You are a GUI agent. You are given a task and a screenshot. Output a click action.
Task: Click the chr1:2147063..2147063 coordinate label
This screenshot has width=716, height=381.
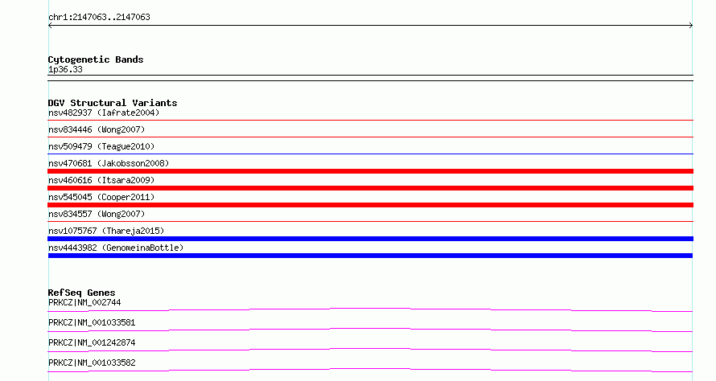click(x=99, y=18)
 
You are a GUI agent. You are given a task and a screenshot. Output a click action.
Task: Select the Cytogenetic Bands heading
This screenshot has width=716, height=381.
click(x=96, y=59)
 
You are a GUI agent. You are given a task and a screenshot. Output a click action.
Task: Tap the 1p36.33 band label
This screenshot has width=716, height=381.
click(x=65, y=69)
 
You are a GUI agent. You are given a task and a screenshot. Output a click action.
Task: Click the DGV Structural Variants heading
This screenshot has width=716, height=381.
click(x=113, y=103)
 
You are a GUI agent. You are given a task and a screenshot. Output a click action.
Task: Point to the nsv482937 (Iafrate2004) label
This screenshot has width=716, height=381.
click(x=104, y=113)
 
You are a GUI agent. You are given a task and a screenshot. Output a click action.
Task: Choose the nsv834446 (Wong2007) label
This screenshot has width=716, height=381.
click(x=97, y=129)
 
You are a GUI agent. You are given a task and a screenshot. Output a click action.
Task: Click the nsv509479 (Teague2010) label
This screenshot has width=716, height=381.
click(x=101, y=146)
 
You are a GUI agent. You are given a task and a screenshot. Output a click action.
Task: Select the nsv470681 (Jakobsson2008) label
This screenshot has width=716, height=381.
click(x=109, y=163)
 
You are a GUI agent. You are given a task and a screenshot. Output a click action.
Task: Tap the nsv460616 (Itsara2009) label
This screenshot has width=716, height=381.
click(x=101, y=180)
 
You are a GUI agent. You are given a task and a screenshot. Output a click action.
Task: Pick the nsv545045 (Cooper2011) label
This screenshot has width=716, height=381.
click(x=101, y=197)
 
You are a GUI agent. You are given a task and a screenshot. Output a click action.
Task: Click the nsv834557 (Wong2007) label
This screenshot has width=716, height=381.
click(x=97, y=214)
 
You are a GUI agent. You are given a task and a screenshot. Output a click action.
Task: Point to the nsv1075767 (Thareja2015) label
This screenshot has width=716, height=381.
click(x=106, y=231)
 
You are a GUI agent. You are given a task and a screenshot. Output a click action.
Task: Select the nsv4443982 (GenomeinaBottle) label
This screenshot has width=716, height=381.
click(x=116, y=248)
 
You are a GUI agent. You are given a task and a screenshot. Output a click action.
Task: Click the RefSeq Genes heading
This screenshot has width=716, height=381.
click(x=81, y=293)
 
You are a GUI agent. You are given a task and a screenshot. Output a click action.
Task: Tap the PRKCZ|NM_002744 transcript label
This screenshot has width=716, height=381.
click(x=84, y=302)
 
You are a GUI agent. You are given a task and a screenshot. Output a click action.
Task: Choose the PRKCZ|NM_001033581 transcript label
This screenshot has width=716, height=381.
click(x=92, y=322)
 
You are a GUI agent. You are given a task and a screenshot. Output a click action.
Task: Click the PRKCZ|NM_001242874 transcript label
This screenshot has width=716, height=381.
click(x=92, y=342)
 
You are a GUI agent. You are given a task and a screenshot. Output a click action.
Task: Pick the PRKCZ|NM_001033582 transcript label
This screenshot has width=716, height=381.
click(x=92, y=363)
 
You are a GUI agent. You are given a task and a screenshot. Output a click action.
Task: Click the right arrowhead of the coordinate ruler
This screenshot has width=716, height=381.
click(x=692, y=26)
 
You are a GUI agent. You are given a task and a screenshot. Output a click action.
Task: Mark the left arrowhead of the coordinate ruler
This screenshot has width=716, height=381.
click(x=49, y=26)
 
